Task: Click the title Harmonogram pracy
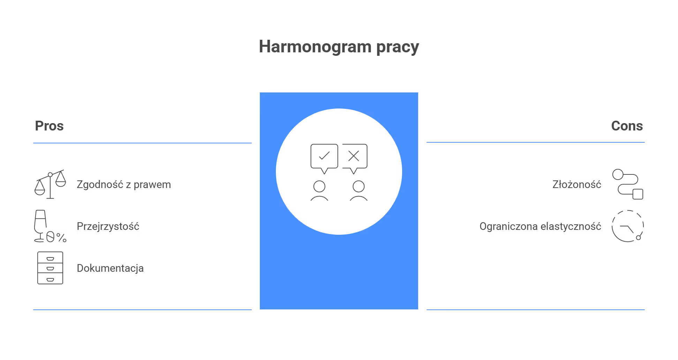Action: pyautogui.click(x=339, y=47)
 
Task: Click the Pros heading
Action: pyautogui.click(x=49, y=126)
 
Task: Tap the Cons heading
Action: pyautogui.click(x=627, y=126)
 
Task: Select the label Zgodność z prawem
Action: pyautogui.click(x=123, y=185)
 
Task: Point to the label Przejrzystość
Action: pyautogui.click(x=108, y=226)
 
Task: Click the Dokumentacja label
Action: pyautogui.click(x=110, y=268)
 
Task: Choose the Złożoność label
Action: pyautogui.click(x=577, y=185)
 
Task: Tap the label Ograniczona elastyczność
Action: pyautogui.click(x=540, y=226)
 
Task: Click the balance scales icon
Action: pyautogui.click(x=50, y=184)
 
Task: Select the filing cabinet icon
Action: pyautogui.click(x=50, y=268)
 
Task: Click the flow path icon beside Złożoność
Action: pyautogui.click(x=627, y=184)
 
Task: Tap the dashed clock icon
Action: pyautogui.click(x=627, y=226)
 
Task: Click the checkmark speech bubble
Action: pyautogui.click(x=324, y=158)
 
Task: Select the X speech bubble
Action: pyautogui.click(x=354, y=158)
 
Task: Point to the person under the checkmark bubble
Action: pyautogui.click(x=319, y=190)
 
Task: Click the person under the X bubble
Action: pyautogui.click(x=359, y=190)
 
